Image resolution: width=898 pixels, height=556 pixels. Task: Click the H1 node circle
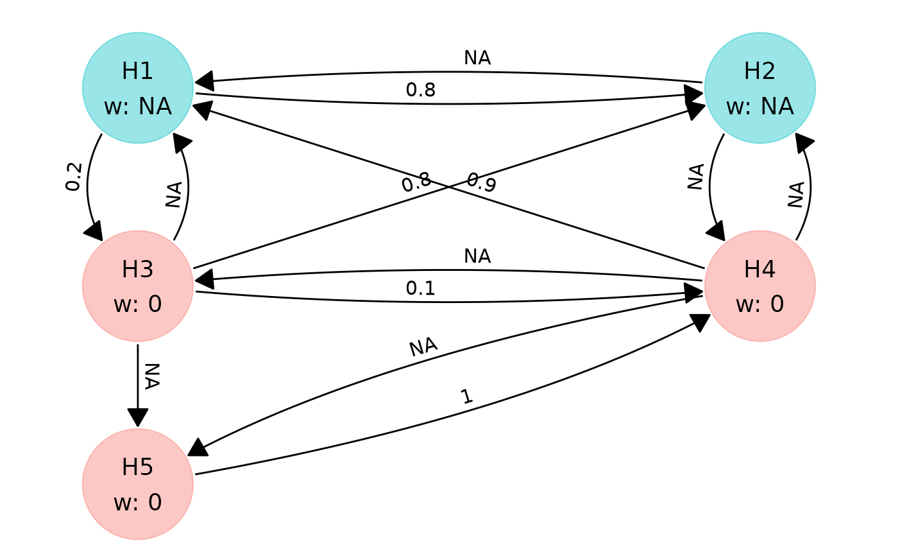click(138, 88)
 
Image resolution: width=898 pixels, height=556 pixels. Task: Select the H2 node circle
click(760, 88)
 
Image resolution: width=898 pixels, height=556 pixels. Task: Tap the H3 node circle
click(138, 286)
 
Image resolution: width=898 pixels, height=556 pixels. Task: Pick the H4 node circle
click(760, 286)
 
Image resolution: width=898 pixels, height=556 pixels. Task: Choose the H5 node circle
click(138, 484)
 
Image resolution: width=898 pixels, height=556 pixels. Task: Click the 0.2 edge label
click(74, 177)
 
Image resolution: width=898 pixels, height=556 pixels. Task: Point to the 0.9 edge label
click(482, 182)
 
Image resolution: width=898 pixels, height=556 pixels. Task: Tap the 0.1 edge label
click(421, 288)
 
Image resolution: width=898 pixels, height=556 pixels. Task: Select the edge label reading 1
click(466, 397)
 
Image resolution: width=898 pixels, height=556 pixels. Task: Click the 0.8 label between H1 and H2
click(421, 90)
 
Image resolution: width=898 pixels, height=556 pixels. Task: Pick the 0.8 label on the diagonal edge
click(416, 182)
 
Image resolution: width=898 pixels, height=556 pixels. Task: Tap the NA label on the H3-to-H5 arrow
click(152, 376)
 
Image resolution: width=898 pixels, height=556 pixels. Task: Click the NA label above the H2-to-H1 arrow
click(477, 58)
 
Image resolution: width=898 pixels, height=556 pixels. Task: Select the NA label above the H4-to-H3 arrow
click(477, 256)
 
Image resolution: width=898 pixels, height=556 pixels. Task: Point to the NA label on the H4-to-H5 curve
click(423, 347)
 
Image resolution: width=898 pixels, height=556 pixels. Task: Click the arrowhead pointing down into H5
click(138, 417)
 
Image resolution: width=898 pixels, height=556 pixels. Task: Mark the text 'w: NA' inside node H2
click(760, 107)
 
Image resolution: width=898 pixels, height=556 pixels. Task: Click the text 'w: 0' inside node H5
click(138, 503)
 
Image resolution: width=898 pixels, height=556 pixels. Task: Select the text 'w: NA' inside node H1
click(138, 107)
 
